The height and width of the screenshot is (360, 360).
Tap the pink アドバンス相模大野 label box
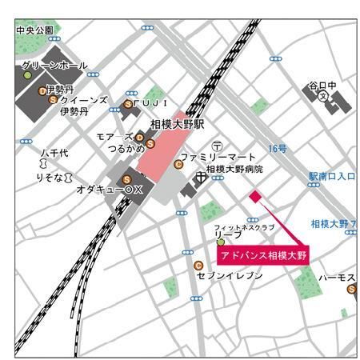[262, 254]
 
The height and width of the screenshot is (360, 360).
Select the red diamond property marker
[254, 196]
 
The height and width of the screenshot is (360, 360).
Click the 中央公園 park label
[34, 30]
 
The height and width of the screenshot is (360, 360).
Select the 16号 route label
[278, 149]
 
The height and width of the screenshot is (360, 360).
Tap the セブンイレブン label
[230, 274]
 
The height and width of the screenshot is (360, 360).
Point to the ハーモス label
[338, 277]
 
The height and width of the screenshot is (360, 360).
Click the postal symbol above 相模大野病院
[216, 145]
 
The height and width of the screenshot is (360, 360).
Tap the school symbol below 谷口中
[323, 95]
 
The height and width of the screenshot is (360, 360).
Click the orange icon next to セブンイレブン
[198, 266]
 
